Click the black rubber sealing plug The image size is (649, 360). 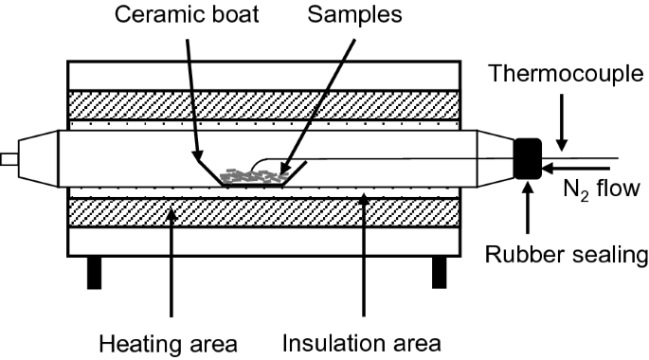pos(526,158)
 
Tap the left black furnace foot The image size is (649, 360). pos(93,272)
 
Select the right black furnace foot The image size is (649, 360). pos(439,272)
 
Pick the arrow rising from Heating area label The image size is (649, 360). pos(171,265)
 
